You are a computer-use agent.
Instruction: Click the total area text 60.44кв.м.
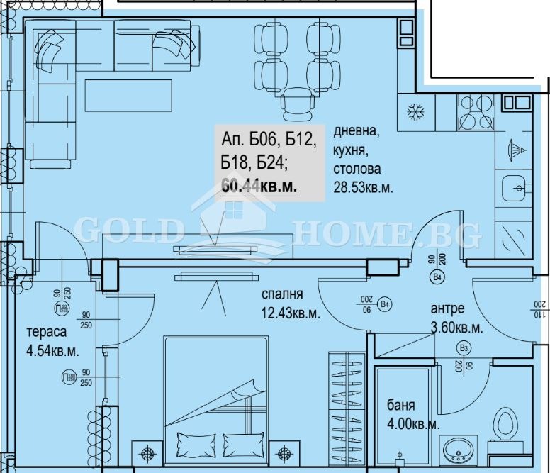pos(259,186)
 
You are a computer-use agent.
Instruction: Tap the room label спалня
pos(282,294)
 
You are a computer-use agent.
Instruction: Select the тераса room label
pos(47,333)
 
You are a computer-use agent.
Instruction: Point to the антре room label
pos(448,308)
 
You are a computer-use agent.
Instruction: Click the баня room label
pos(400,406)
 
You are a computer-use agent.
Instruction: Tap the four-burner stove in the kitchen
pos(474,111)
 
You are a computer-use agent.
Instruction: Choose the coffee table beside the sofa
pos(128,95)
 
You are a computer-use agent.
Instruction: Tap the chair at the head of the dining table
pos(296,104)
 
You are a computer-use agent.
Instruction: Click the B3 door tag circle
pos(464,348)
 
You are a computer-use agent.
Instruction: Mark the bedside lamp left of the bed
pos(147,453)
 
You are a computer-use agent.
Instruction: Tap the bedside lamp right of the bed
pos(284,453)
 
